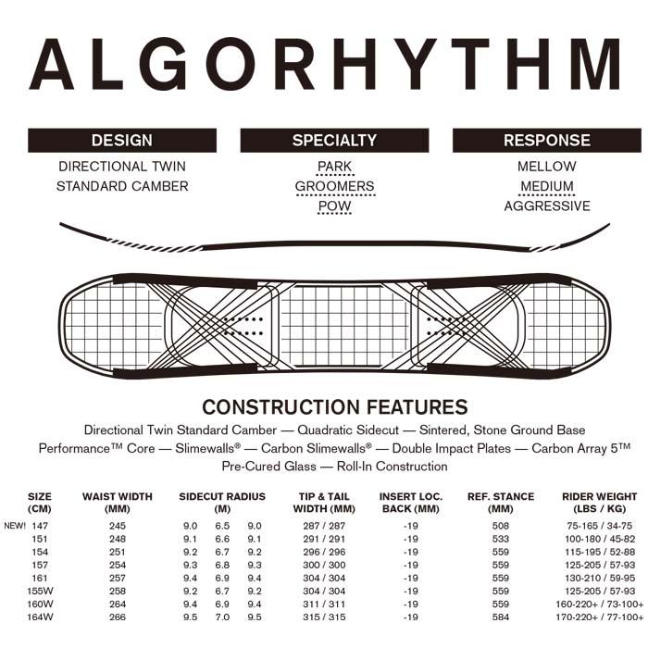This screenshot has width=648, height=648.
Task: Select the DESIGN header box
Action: click(x=122, y=141)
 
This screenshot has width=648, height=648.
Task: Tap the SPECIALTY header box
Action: click(x=334, y=141)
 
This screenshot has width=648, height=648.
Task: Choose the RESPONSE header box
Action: click(x=546, y=141)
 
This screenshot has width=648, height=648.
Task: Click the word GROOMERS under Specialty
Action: click(x=334, y=186)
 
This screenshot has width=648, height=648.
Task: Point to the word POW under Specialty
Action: click(x=334, y=206)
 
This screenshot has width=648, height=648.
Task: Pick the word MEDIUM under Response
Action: click(x=546, y=186)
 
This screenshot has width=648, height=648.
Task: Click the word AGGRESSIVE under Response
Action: click(x=546, y=206)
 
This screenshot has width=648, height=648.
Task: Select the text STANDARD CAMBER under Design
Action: click(x=122, y=186)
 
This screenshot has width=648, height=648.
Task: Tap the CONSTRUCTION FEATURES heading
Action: click(x=334, y=407)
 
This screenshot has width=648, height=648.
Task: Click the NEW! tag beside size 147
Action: click(x=14, y=526)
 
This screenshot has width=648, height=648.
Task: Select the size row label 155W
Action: click(x=40, y=591)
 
